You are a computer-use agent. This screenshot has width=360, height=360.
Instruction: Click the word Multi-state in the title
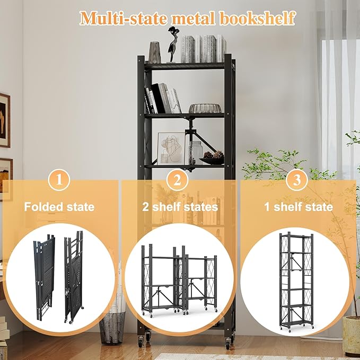click(124, 18)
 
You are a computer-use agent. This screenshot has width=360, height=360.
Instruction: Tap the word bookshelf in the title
click(257, 18)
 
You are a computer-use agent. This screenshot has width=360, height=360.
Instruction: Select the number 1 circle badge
click(59, 180)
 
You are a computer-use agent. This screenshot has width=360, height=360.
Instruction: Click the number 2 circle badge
click(177, 180)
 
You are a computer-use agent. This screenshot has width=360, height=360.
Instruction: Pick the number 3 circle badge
click(296, 180)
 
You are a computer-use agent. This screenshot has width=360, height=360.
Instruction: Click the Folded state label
click(59, 207)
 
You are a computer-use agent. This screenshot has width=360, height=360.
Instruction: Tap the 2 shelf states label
click(180, 207)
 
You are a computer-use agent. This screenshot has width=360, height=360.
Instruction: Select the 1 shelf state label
click(298, 207)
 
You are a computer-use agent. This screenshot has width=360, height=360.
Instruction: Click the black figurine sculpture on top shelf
click(172, 45)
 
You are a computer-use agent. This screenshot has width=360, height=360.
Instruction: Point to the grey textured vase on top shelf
click(155, 52)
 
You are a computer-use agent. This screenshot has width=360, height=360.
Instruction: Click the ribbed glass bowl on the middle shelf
click(205, 108)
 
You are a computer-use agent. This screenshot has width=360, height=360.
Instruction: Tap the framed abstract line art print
click(171, 148)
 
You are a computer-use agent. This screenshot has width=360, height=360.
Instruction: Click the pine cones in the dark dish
click(214, 155)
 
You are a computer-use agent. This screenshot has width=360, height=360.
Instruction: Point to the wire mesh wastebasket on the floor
click(112, 328)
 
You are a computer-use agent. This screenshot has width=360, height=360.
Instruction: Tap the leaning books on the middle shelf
click(163, 99)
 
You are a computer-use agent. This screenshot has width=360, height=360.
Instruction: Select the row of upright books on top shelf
click(204, 49)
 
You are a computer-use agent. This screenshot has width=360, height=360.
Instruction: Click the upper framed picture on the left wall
click(5, 120)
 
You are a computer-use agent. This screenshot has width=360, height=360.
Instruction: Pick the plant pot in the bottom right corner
click(352, 336)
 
